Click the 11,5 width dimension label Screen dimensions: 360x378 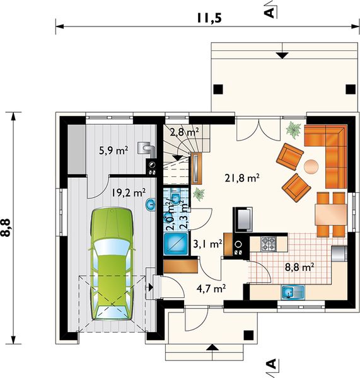(209, 18)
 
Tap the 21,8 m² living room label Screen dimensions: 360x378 (242, 178)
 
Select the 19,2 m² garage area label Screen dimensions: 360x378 (129, 193)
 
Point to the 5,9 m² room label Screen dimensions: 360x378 (113, 151)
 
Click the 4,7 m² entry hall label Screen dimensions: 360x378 (211, 288)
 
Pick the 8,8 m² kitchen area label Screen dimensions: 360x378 (299, 267)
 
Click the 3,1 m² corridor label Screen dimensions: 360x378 (208, 244)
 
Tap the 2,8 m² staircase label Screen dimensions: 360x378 (185, 132)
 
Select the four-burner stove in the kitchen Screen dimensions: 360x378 (269, 243)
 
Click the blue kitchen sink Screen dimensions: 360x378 (293, 292)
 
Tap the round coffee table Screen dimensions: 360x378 (311, 166)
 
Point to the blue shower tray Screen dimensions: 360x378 (176, 244)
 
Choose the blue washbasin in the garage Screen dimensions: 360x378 (151, 205)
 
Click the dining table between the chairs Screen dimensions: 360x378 (330, 215)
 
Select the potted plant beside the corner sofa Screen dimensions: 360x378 (293, 129)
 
